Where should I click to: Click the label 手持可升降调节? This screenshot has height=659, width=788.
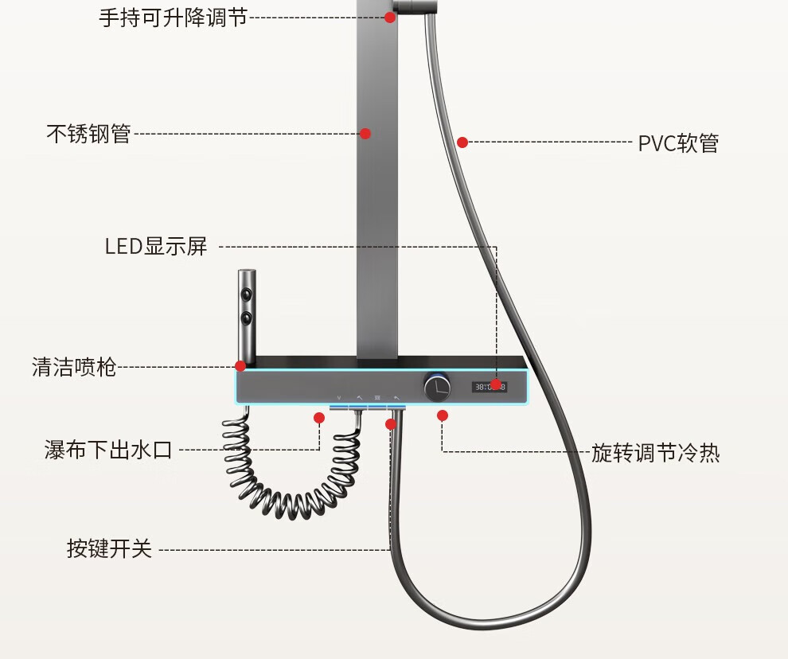[174, 18]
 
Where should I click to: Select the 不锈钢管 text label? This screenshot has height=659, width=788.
[88, 134]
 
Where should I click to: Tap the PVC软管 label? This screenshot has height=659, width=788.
[678, 143]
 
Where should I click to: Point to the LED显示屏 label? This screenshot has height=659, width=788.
[156, 246]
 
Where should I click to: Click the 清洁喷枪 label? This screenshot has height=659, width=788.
[74, 367]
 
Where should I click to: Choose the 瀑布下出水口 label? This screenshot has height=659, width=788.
[108, 450]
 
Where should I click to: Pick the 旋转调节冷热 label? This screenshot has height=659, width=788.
[655, 453]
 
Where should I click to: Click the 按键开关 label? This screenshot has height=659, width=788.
[110, 548]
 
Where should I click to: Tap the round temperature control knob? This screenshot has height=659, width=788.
[437, 387]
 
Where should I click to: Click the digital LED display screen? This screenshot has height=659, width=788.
[490, 387]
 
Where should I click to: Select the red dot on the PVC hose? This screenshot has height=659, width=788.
[462, 142]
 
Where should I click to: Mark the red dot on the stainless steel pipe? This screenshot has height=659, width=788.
[365, 133]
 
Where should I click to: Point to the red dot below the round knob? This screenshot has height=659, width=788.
[443, 415]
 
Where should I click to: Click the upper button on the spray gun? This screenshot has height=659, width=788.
[246, 294]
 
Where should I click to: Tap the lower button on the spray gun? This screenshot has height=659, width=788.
[246, 318]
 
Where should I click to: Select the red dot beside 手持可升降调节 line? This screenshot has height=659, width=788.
[390, 17]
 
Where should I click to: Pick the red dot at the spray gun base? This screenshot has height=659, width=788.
[240, 366]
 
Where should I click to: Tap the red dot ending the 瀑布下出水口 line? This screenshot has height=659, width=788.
[319, 418]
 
